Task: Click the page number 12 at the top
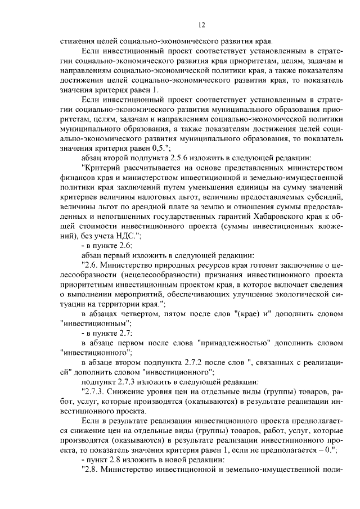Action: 202,25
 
